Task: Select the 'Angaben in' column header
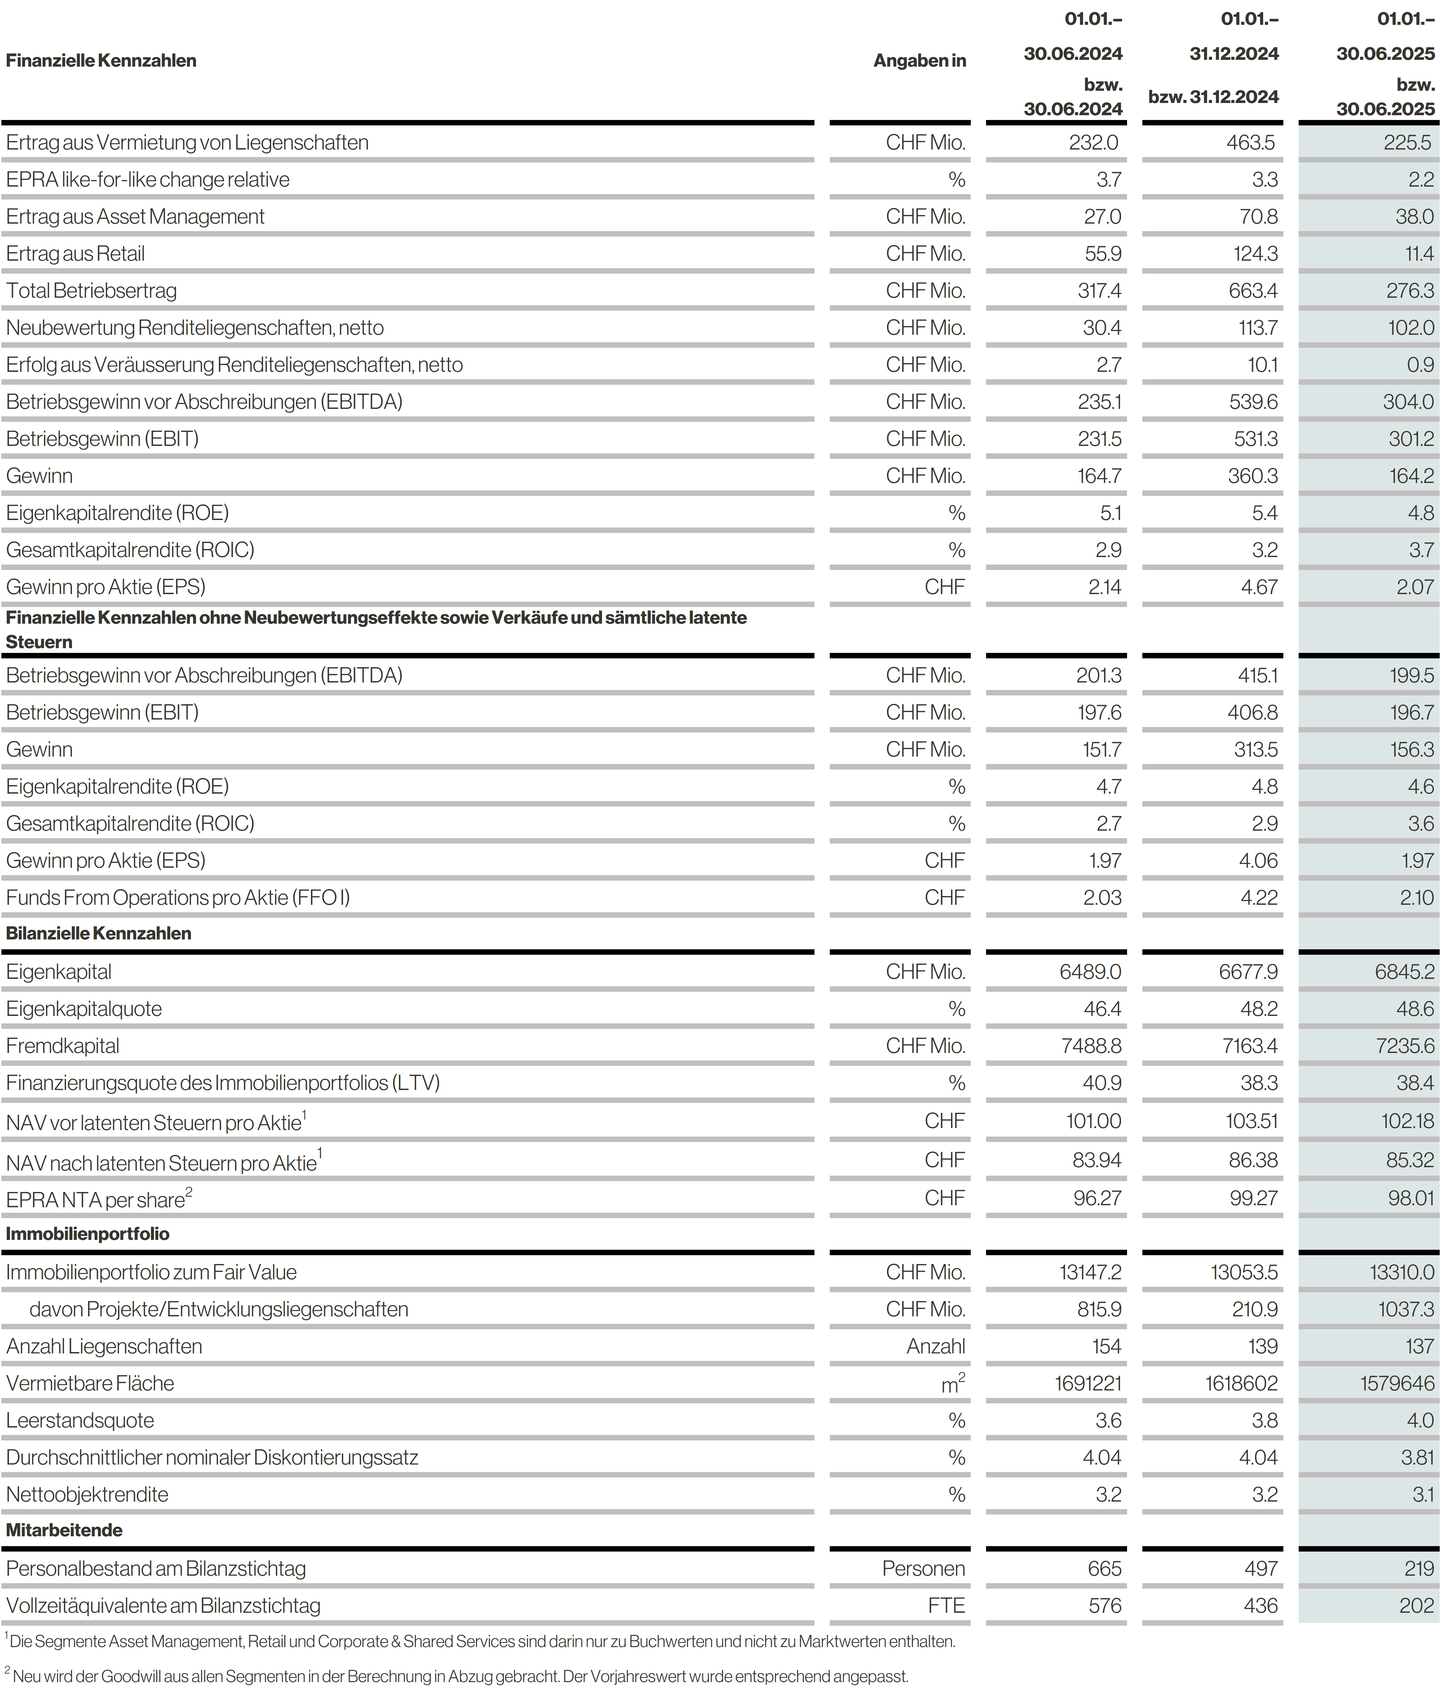click(919, 60)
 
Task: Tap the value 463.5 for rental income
click(1250, 142)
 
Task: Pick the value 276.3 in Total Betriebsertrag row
click(1410, 291)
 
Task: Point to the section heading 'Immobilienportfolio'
click(87, 1234)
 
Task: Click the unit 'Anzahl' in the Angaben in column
click(935, 1346)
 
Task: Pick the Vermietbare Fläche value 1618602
click(1241, 1383)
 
